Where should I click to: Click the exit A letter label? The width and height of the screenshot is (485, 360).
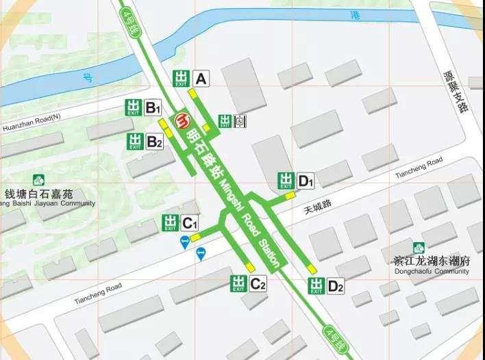pos(201,79)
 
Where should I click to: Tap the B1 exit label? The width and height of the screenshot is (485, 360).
pos(153,107)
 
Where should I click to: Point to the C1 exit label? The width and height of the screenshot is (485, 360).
pos(189,222)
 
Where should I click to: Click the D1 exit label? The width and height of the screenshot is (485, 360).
pos(305,181)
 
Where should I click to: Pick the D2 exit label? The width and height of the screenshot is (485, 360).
pos(335,286)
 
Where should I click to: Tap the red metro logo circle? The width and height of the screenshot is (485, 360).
pos(183,120)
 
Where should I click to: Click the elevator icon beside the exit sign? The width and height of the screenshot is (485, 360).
pos(240,121)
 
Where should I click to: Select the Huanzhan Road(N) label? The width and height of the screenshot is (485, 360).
pos(31,122)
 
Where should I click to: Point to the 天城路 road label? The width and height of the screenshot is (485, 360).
pos(317,204)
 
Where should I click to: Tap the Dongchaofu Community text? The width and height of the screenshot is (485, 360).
pos(432,271)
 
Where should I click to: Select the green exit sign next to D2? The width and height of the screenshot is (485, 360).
pos(316,286)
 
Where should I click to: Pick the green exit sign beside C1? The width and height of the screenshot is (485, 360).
pos(171,222)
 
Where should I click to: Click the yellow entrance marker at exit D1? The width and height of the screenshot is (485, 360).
pos(290,196)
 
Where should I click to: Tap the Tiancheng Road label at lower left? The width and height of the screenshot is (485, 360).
pos(97,295)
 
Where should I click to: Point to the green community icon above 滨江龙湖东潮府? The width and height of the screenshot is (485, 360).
pos(418,248)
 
